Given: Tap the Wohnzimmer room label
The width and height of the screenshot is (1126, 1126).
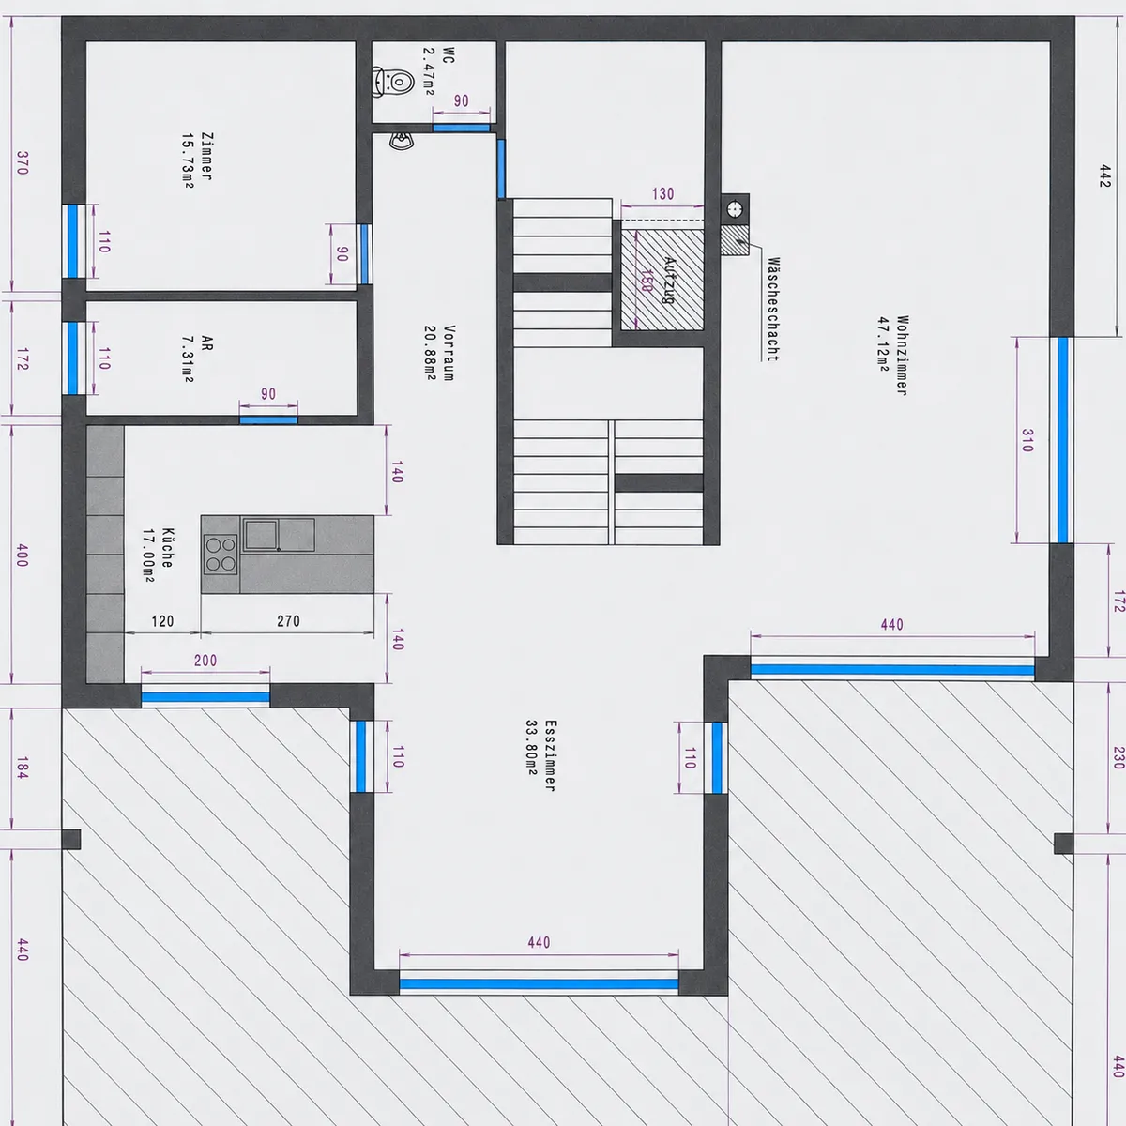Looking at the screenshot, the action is (x=893, y=356).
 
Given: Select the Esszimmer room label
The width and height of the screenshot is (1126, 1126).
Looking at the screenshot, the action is (x=541, y=755).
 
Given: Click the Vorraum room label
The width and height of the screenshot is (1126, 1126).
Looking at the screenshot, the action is (x=439, y=353).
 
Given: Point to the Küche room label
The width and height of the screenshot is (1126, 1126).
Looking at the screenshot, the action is (x=158, y=555).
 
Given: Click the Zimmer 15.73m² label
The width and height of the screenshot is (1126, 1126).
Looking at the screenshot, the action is (x=197, y=160).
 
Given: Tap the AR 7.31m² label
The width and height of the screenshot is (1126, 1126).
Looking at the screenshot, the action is (x=197, y=358).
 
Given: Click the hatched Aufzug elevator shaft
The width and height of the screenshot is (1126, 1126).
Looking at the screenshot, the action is (x=662, y=280).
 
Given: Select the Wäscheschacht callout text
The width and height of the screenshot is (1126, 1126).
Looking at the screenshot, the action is (x=773, y=309).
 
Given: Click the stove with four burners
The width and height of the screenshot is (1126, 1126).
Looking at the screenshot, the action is (x=221, y=554).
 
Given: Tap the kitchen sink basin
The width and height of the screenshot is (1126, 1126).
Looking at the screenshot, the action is (x=261, y=534).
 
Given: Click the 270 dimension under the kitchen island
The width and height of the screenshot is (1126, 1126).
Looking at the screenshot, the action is (x=288, y=620).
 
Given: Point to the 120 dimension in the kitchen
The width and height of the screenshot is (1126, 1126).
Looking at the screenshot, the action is (x=162, y=620).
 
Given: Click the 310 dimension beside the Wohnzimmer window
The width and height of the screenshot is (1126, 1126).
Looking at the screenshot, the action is (x=1027, y=441).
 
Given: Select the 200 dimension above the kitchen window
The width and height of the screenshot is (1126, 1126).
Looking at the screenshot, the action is (x=205, y=661).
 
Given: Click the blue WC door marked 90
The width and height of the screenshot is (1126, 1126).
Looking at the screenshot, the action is (x=461, y=128).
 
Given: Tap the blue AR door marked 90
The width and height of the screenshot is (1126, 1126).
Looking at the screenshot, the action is (x=268, y=419).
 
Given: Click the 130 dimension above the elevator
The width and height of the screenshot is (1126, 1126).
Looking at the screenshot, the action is (x=662, y=194).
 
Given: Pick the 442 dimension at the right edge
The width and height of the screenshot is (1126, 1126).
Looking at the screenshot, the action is (x=1103, y=175).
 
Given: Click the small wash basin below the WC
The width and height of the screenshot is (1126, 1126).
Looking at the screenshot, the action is (x=402, y=141).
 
